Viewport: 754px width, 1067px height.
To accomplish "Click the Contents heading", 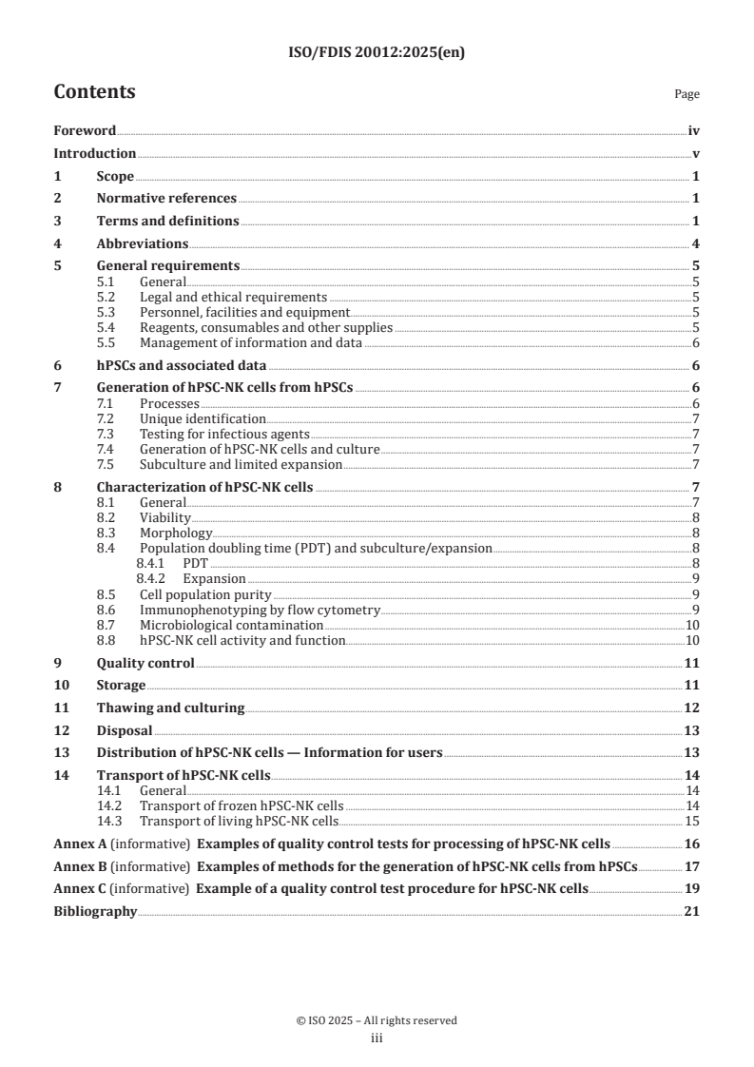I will pyautogui.click(x=94, y=92).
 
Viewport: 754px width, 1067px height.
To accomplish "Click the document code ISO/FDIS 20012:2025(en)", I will pyautogui.click(x=377, y=53).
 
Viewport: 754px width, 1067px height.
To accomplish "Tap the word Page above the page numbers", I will pyautogui.click(x=686, y=94).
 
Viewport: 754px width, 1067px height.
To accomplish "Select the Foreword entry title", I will pyautogui.click(x=85, y=130).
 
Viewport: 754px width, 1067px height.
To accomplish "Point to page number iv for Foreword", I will pyautogui.click(x=694, y=130).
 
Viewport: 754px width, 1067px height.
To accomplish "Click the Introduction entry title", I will pyautogui.click(x=94, y=153).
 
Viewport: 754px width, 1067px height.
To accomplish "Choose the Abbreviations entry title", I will pyautogui.click(x=142, y=243).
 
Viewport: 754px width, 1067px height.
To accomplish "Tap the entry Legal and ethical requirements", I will pyautogui.click(x=233, y=298).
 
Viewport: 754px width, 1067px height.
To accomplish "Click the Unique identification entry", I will pyautogui.click(x=203, y=418).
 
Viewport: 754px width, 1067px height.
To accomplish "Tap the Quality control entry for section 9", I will pyautogui.click(x=145, y=663).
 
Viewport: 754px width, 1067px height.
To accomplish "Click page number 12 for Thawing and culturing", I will pyautogui.click(x=692, y=708).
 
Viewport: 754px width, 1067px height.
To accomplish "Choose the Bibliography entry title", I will pyautogui.click(x=95, y=912).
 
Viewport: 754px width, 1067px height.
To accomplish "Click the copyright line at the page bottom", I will pyautogui.click(x=377, y=1020).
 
